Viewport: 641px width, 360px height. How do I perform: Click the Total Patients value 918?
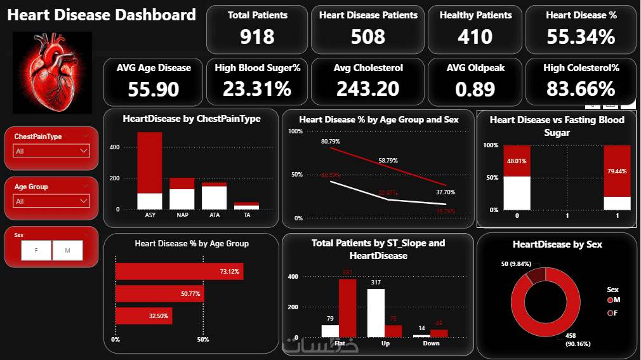(257, 37)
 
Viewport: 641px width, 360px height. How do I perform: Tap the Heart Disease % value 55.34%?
(580, 37)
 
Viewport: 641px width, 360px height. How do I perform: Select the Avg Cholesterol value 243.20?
(368, 89)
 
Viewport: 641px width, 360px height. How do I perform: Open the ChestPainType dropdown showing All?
(51, 151)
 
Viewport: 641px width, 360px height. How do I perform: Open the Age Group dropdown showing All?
(51, 201)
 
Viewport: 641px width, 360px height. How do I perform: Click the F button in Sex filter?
(36, 251)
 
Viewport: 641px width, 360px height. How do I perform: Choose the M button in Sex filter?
(68, 251)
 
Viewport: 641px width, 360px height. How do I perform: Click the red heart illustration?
(53, 72)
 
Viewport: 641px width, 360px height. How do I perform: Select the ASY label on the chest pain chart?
(150, 215)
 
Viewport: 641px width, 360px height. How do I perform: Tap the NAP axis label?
(182, 215)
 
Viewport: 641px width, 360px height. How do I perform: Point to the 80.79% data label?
(331, 141)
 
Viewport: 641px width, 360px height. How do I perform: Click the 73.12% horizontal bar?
(179, 272)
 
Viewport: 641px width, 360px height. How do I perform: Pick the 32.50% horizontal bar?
(143, 316)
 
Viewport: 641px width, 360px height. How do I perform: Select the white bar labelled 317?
(376, 312)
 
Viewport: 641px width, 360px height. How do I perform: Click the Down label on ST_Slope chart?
(431, 343)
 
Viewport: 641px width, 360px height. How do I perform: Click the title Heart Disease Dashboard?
(102, 15)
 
